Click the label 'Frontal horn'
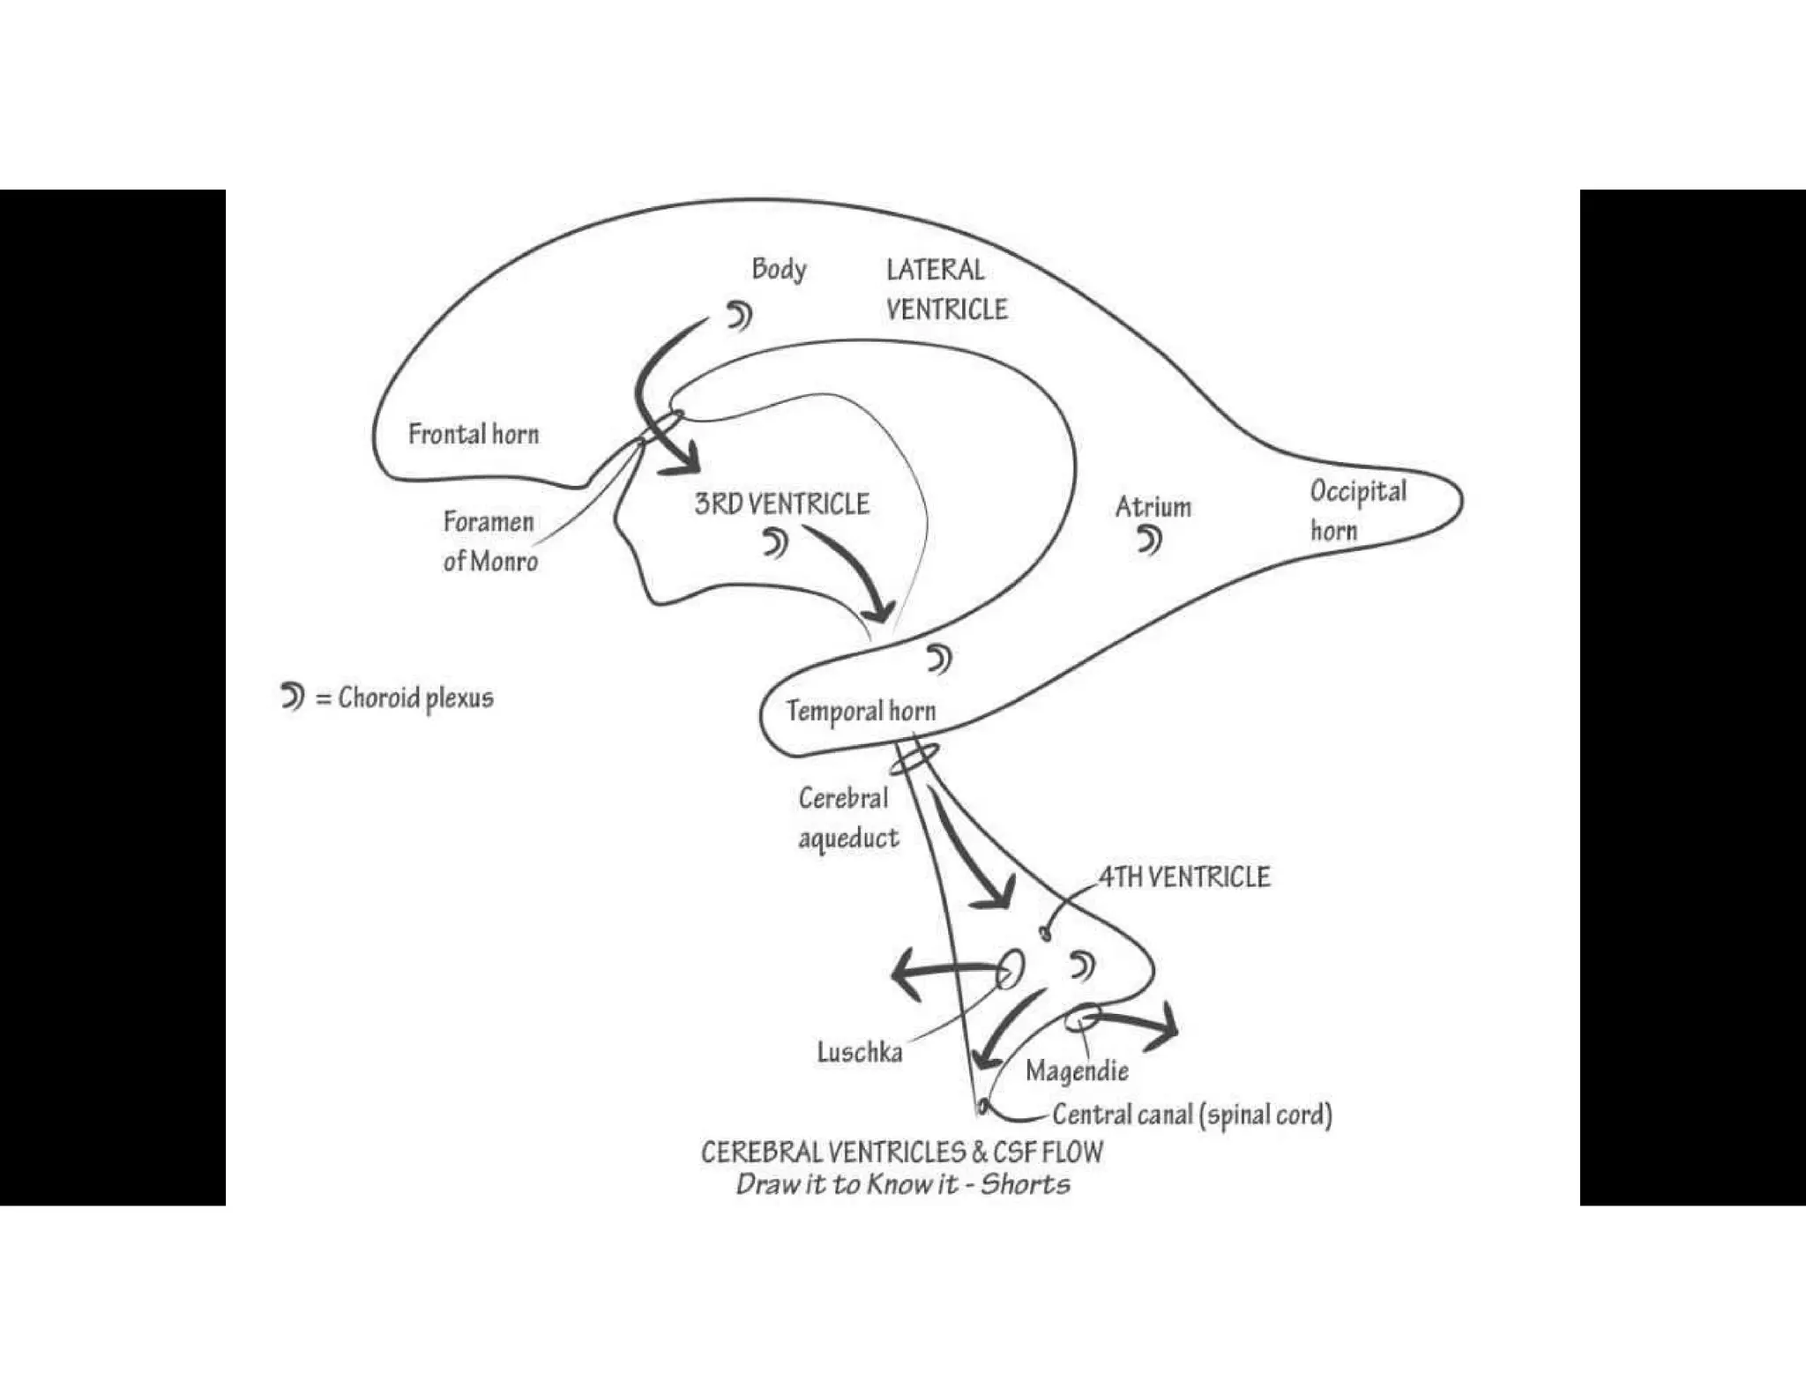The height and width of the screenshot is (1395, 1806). pos(474,434)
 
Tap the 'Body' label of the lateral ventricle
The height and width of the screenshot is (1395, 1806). pos(779,269)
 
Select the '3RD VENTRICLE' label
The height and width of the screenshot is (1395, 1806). pos(781,504)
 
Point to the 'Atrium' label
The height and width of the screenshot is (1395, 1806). pos(1153,507)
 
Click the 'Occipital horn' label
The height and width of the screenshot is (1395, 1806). pos(1357,511)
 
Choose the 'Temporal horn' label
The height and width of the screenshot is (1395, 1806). pos(861,711)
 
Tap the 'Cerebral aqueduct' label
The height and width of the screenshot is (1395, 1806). pos(847,817)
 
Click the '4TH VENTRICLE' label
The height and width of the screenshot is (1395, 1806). pos(1184,877)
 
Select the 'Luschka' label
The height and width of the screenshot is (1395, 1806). pos(859,1052)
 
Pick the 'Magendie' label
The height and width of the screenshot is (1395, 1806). pos(1077,1071)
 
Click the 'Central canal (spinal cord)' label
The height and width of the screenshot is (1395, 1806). pos(1191,1115)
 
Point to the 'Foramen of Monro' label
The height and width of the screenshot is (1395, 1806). pos(489,541)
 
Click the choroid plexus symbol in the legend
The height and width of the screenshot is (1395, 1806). pos(292,697)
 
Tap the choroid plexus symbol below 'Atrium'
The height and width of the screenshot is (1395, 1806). pos(1150,540)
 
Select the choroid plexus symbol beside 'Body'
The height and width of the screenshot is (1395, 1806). pos(739,315)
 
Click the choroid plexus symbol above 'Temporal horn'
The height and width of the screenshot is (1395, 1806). pos(939,659)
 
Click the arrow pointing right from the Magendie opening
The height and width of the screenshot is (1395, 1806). pos(1138,1025)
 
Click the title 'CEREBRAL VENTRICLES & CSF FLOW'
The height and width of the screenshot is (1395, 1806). pos(901,1152)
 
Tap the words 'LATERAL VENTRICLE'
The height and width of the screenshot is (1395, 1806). pos(945,289)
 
